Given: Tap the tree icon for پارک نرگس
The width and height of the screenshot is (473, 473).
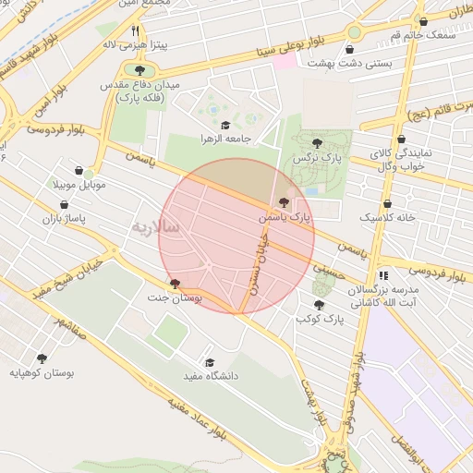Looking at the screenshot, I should tap(318, 142).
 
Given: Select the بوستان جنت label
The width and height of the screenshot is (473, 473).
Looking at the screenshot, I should tap(175, 299).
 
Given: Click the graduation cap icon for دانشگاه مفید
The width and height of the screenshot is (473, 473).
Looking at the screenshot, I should tap(210, 362).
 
